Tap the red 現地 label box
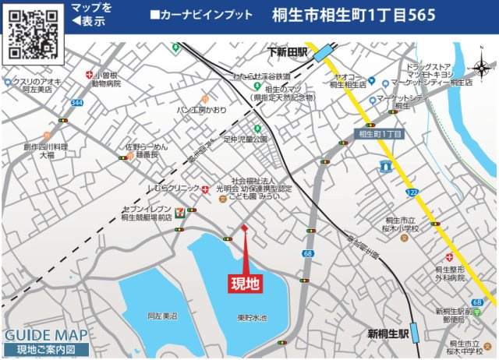(245, 284)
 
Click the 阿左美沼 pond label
(162, 316)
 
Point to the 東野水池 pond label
(252, 318)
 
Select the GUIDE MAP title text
(46, 335)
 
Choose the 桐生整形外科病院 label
(450, 272)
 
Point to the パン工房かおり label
(201, 110)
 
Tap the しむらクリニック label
(174, 189)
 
